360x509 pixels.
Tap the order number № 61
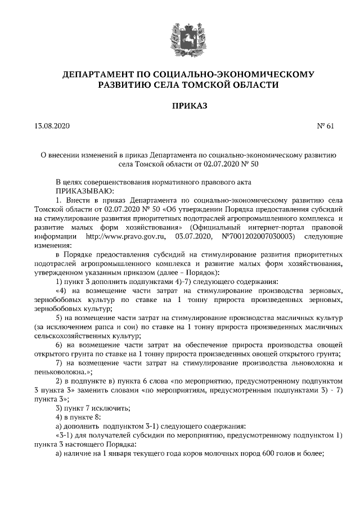326,127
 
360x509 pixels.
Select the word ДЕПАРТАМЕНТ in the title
97,74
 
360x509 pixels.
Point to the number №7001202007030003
257,236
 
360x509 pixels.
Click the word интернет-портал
265,227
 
